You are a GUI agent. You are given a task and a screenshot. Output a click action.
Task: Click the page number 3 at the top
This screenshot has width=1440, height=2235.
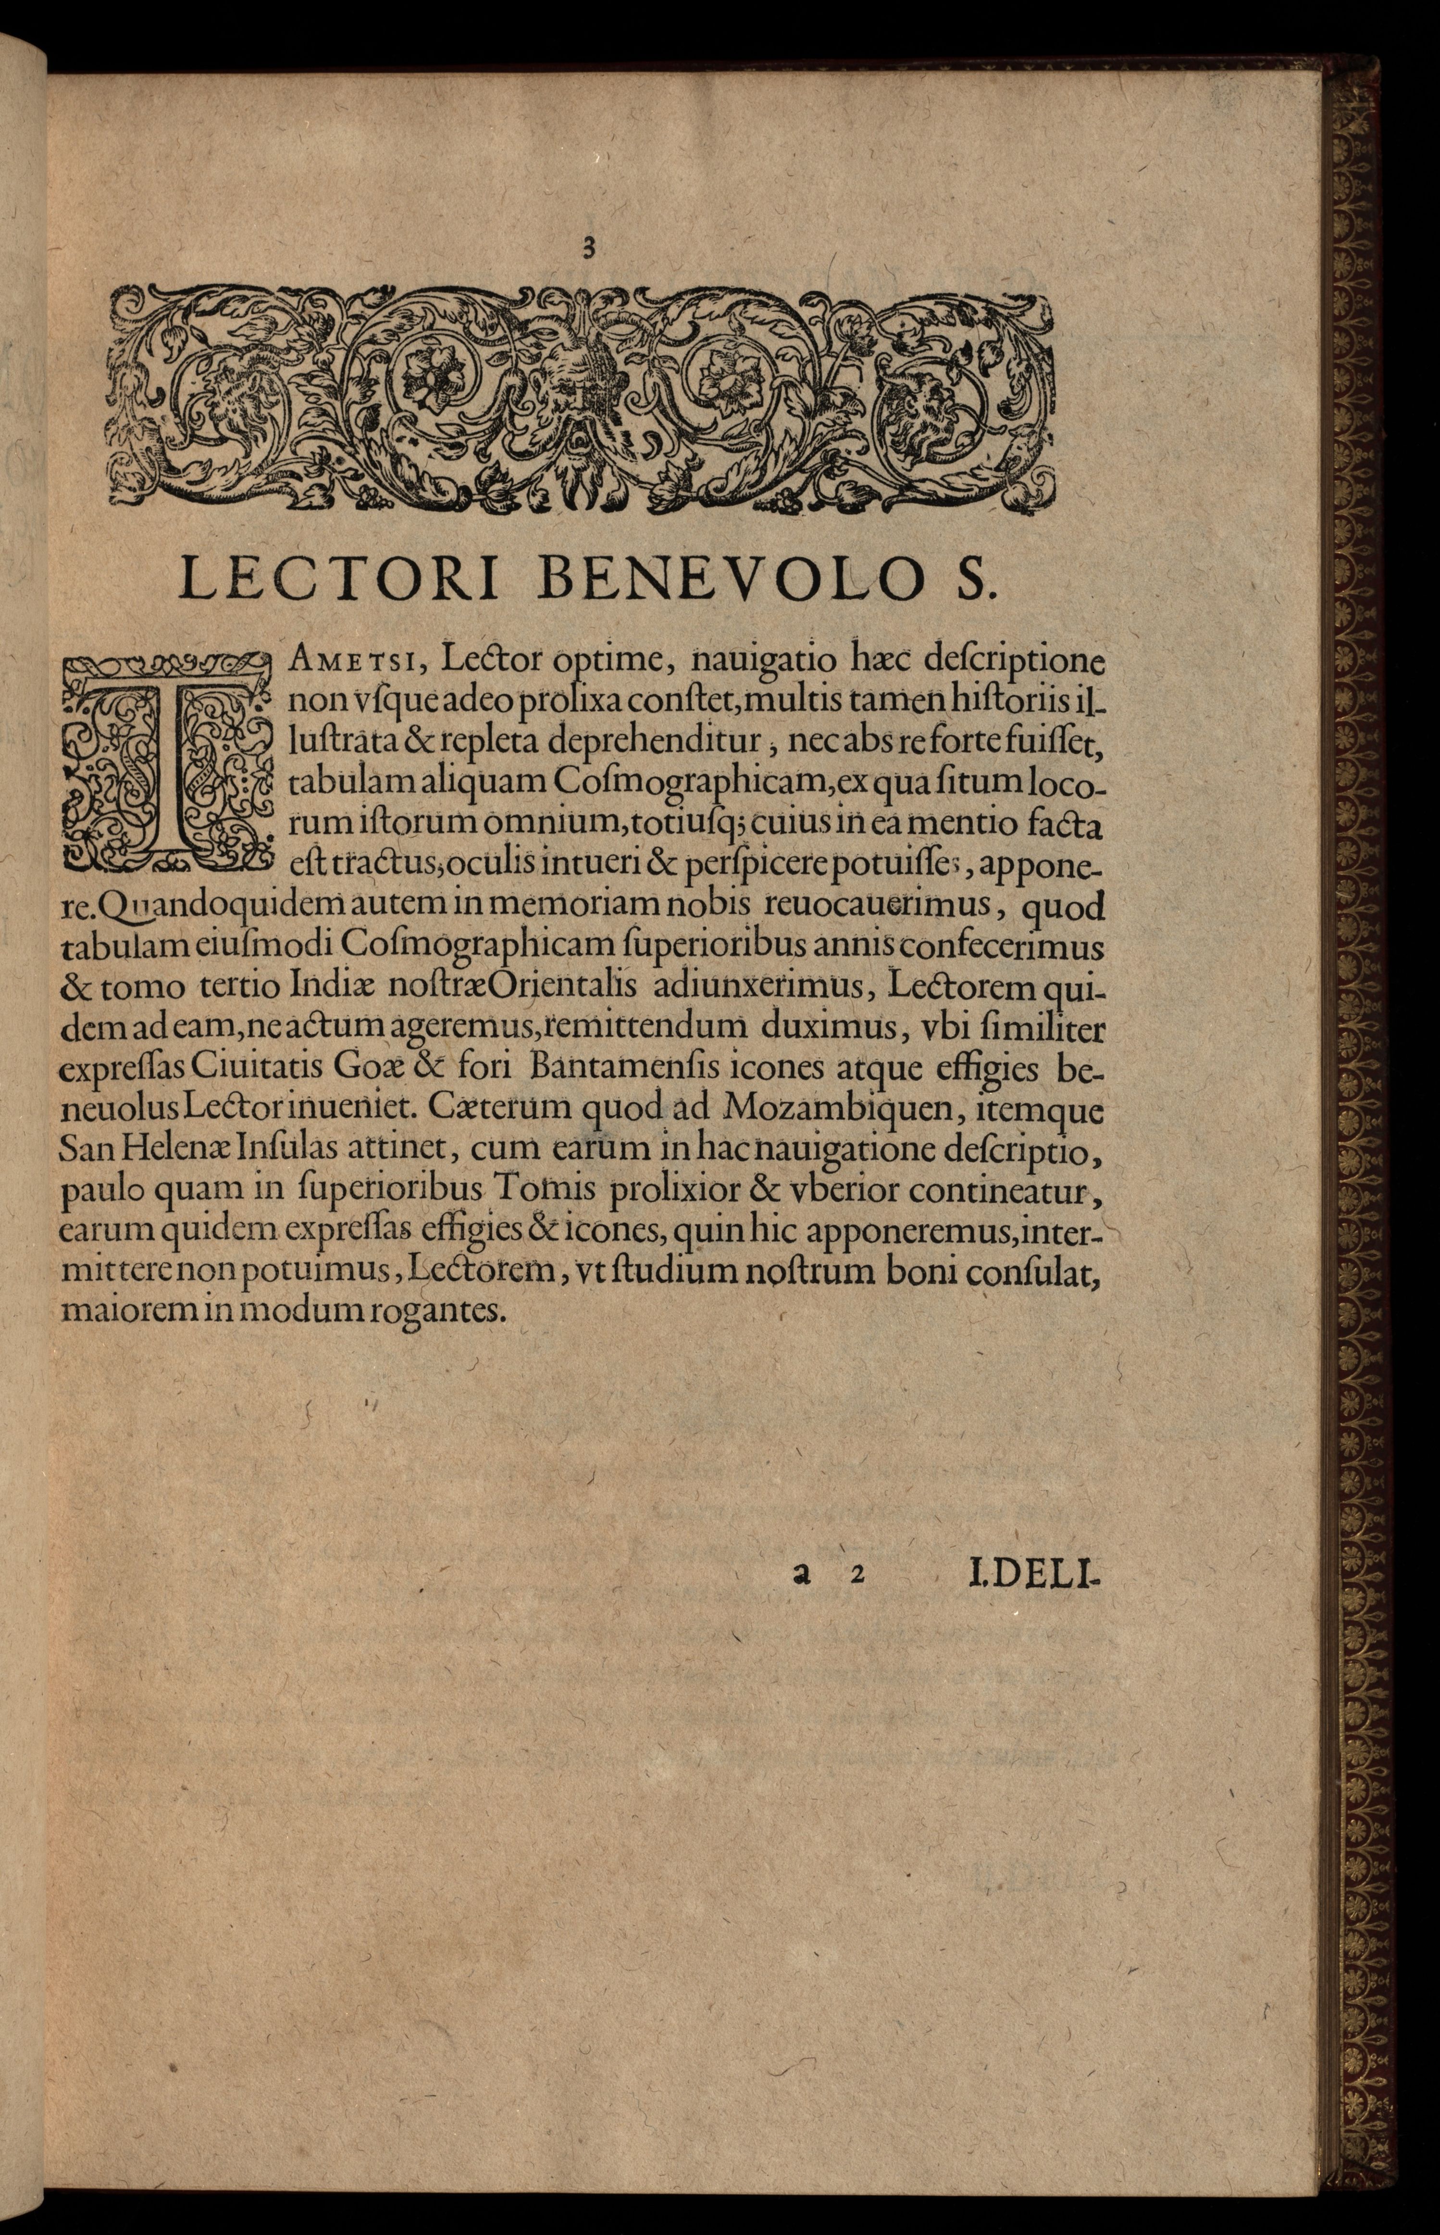tap(589, 248)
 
